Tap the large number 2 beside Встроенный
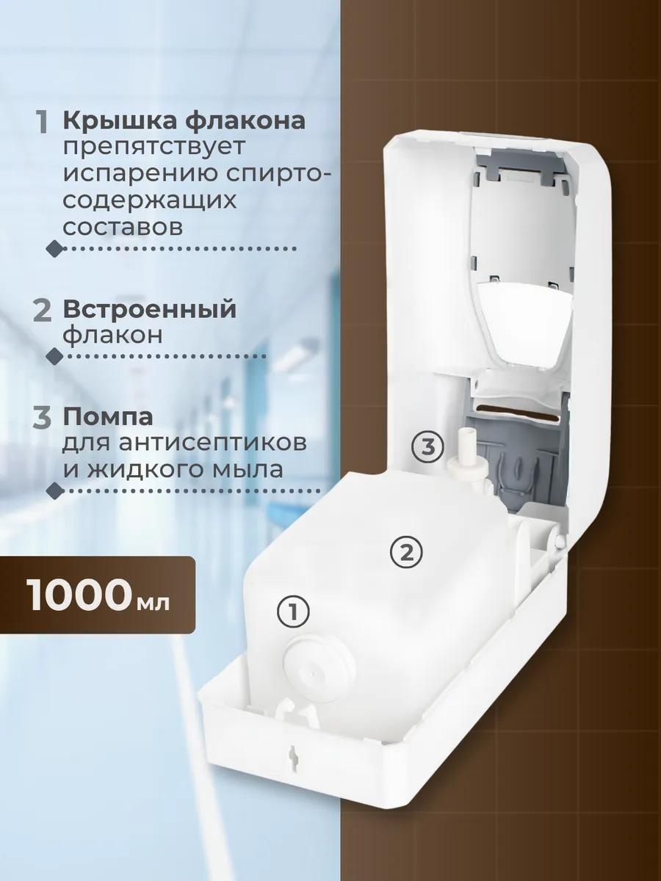[x=42, y=311]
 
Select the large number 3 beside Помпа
[x=42, y=418]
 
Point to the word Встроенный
[x=149, y=310]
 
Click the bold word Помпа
[x=108, y=418]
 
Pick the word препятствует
[x=153, y=148]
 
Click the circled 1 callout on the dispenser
[x=292, y=623]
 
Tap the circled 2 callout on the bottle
[x=406, y=554]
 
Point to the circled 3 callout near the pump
[x=428, y=447]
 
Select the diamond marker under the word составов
[x=55, y=249]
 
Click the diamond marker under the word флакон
[x=55, y=356]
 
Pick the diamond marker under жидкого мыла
[x=55, y=490]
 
